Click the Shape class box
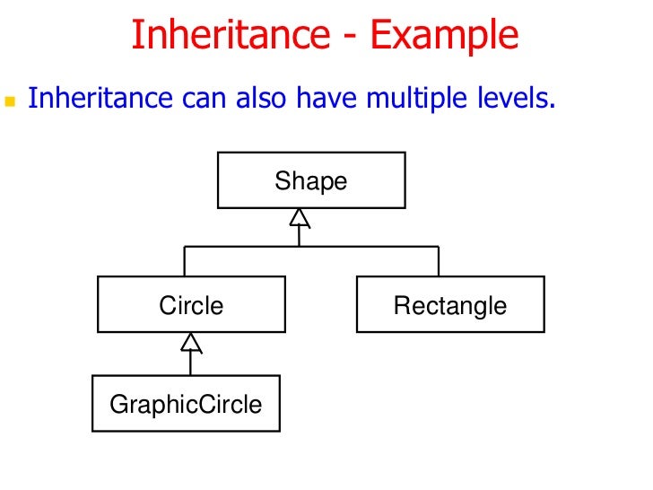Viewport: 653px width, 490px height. coord(311,180)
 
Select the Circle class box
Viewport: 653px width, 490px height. coord(191,305)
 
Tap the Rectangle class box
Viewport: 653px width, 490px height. coord(449,305)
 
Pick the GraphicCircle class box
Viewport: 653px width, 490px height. coord(186,404)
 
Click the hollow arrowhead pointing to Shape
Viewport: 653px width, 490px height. coord(300,217)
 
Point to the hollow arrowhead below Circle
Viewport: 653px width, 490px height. coord(191,342)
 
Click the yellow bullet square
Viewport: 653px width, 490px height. coord(12,101)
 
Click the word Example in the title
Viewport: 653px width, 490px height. coord(445,36)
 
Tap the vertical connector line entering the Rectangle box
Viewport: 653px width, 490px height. coord(439,261)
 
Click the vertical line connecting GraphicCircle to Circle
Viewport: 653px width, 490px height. coord(191,363)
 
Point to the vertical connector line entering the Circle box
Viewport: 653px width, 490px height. coord(185,261)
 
